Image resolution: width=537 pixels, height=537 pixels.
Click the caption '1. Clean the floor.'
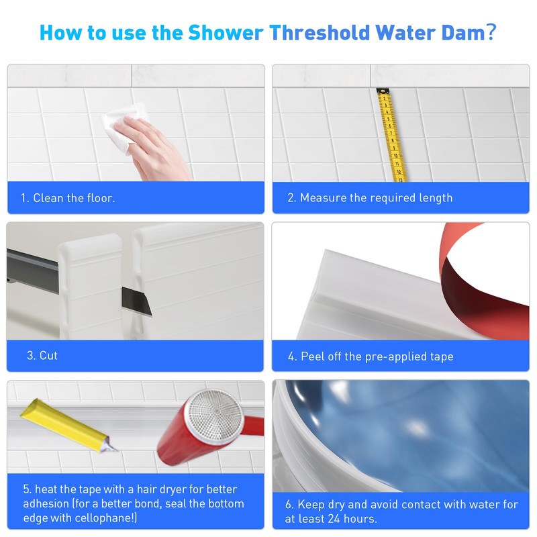[x=67, y=198]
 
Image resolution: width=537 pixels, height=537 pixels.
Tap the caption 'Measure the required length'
[x=376, y=198]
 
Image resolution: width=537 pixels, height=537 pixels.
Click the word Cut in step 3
[x=48, y=356]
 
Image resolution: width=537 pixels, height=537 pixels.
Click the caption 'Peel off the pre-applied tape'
[x=377, y=356]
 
